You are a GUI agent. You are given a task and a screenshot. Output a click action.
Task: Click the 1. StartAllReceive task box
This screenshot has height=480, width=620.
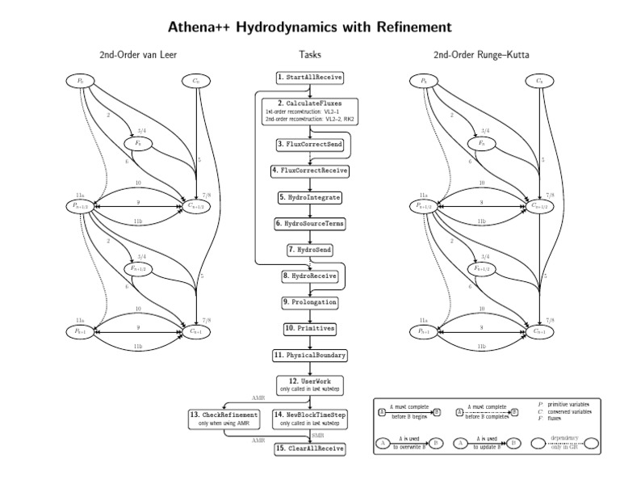[310, 77]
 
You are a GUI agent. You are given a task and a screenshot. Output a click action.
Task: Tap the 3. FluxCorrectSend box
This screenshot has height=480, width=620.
[310, 144]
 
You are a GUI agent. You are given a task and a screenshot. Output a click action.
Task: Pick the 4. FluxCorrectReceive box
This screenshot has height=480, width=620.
[310, 171]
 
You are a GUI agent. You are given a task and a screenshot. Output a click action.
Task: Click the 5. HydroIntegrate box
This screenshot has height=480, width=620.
[310, 196]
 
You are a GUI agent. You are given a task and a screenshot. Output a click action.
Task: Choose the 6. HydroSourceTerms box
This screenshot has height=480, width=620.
[310, 223]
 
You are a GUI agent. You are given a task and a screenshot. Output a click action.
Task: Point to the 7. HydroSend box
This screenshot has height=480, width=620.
[310, 250]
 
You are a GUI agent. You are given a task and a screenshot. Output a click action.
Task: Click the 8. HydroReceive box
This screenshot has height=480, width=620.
[310, 276]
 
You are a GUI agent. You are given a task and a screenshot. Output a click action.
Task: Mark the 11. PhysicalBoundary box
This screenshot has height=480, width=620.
[310, 355]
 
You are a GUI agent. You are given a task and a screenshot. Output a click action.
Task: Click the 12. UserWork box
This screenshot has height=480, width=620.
[310, 384]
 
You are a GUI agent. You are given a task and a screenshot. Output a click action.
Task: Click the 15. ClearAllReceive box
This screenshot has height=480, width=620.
[310, 448]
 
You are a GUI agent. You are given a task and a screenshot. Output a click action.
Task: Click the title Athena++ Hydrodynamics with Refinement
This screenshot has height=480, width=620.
[310, 27]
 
